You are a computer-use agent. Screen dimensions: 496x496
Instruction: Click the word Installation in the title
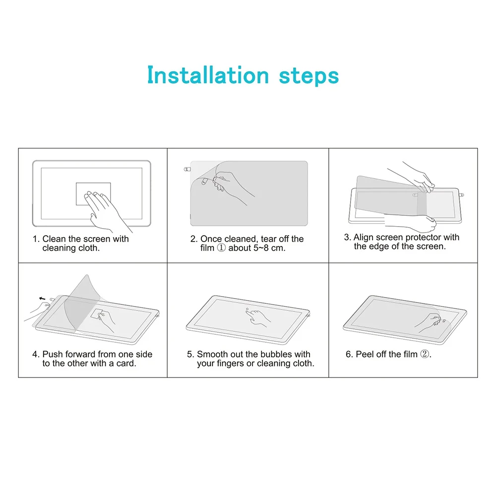pyautogui.click(x=208, y=76)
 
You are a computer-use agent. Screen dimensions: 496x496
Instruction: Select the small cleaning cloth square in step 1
pyautogui.click(x=93, y=193)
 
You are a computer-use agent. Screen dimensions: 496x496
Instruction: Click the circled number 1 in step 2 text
pyautogui.click(x=221, y=248)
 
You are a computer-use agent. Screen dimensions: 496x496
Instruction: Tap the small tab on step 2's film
pyautogui.click(x=187, y=170)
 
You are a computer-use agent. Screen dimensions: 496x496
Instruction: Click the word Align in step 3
pyautogui.click(x=364, y=238)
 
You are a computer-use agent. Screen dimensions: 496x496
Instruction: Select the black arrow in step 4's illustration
pyautogui.click(x=42, y=299)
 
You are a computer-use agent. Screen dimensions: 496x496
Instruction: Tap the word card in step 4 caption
pyautogui.click(x=126, y=364)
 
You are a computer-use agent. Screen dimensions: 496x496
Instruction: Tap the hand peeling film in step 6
pyautogui.click(x=429, y=322)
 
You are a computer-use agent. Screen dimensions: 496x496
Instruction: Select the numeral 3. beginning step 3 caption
pyautogui.click(x=348, y=238)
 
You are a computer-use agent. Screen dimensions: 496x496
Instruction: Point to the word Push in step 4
pyautogui.click(x=53, y=354)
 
